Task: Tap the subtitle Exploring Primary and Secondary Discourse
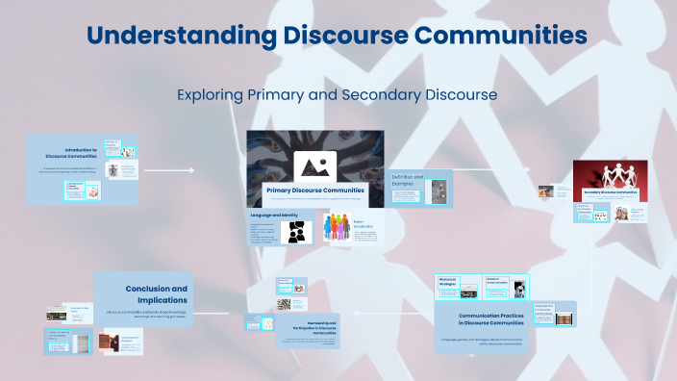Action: click(337, 95)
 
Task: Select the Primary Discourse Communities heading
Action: click(314, 190)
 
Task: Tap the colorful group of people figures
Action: click(336, 233)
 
